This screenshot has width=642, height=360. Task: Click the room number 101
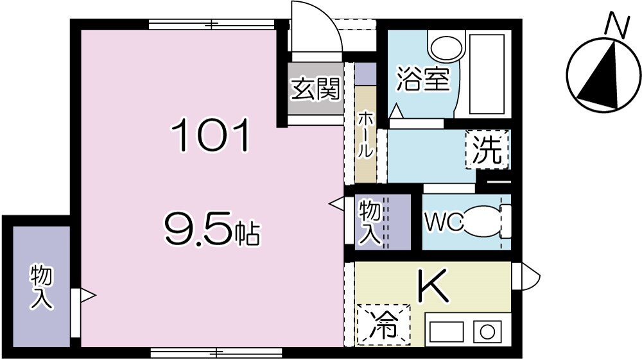tap(210, 137)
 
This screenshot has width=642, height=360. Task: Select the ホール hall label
tap(365, 135)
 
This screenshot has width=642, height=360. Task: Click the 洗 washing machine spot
tap(487, 149)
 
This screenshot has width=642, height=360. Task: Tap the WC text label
tap(443, 221)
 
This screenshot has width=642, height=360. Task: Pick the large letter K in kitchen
tap(434, 286)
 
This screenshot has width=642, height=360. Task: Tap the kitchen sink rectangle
tap(447, 332)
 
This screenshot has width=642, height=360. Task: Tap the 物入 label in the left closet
tap(42, 287)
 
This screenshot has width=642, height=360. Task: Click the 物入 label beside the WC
tap(370, 221)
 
